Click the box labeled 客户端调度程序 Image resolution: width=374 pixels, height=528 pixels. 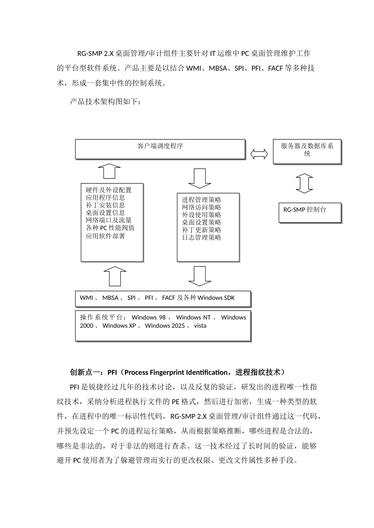(x=160, y=149)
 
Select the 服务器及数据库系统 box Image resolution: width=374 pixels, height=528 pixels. (x=307, y=151)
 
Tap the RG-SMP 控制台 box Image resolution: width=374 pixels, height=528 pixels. (x=309, y=213)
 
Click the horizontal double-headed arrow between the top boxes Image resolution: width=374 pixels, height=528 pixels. (x=259, y=154)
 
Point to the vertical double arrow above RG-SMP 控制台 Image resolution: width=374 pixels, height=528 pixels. (x=304, y=183)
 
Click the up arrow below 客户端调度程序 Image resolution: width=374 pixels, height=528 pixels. (x=109, y=171)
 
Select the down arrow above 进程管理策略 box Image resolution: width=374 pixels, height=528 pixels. (x=200, y=178)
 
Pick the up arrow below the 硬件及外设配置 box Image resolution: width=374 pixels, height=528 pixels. (x=115, y=276)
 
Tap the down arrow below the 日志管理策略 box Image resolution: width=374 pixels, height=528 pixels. (x=200, y=276)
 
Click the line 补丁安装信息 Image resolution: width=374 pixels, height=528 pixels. (x=106, y=205)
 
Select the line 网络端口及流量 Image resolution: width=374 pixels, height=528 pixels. (x=109, y=220)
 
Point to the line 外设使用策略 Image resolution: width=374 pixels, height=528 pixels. (x=202, y=215)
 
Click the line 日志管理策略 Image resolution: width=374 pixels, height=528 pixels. (x=202, y=237)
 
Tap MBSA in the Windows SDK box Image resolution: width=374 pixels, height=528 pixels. (x=110, y=298)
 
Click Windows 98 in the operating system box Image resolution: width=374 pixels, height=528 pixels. (x=148, y=317)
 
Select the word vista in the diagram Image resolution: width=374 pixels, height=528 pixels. (x=200, y=326)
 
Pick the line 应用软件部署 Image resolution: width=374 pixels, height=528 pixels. (x=106, y=236)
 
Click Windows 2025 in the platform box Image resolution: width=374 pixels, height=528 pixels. (x=165, y=326)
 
